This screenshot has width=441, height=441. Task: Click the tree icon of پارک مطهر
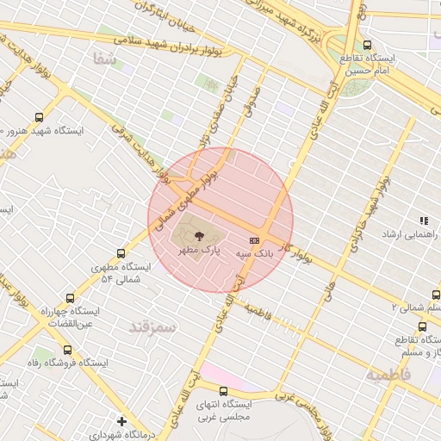click(199, 234)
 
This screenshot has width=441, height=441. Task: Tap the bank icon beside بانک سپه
click(254, 240)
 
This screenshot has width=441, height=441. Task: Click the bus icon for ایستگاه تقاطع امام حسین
click(368, 46)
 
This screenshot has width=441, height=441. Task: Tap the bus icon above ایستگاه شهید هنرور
click(38, 117)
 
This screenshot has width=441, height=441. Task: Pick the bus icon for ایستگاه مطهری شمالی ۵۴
click(120, 254)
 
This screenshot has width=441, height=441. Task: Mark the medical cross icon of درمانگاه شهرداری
click(122, 422)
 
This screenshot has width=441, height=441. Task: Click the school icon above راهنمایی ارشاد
click(423, 220)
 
